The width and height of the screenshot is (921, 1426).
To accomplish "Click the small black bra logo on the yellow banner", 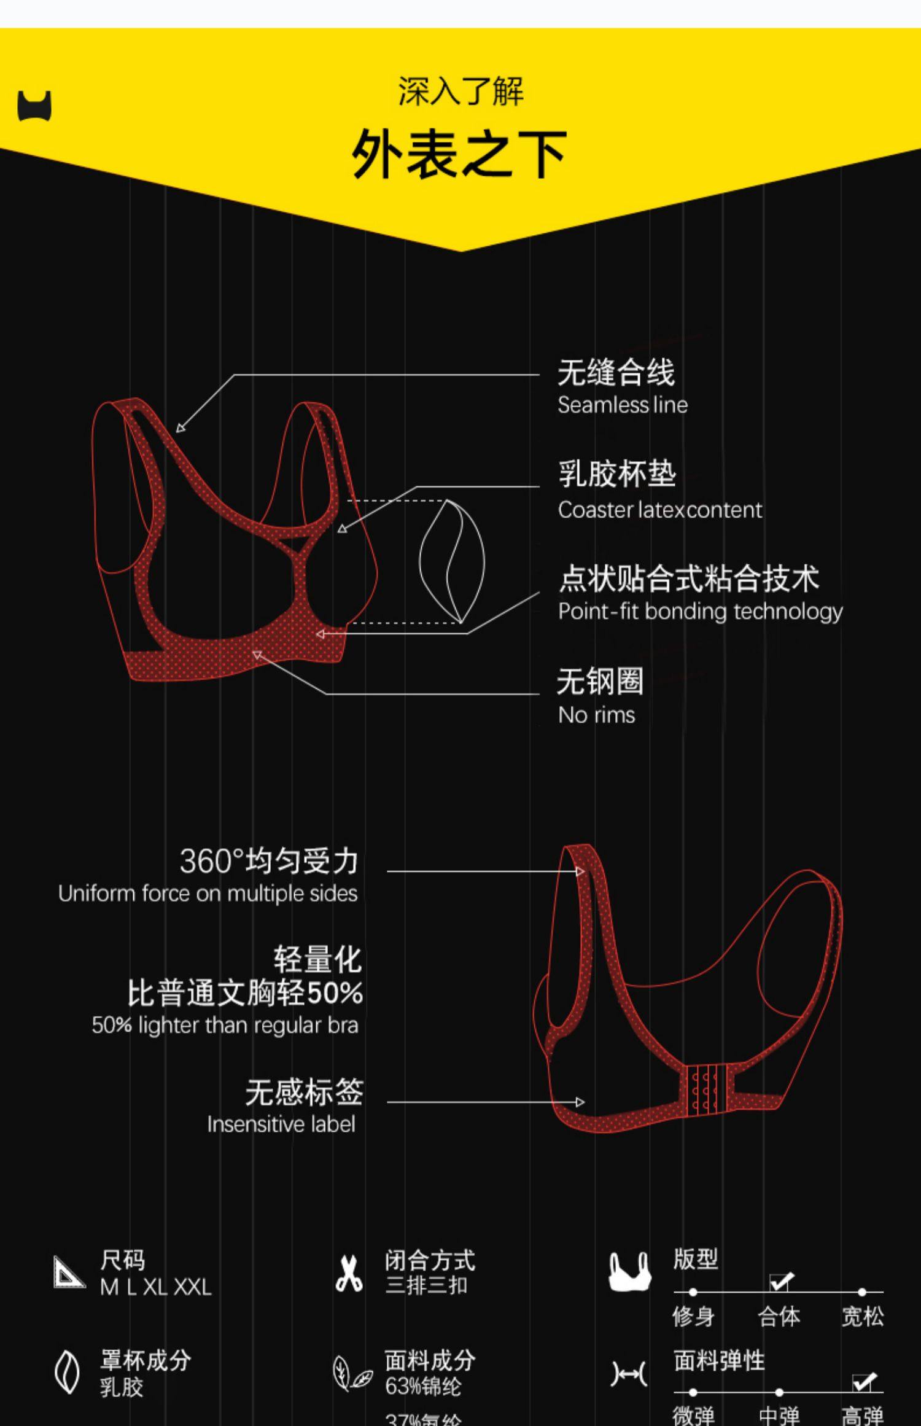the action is [34, 106].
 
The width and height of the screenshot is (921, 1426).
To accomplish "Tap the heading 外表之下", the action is [459, 154].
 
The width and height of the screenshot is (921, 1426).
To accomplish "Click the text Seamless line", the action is [623, 405].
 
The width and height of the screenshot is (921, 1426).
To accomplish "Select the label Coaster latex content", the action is [660, 510].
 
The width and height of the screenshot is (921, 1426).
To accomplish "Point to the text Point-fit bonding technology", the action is [700, 612].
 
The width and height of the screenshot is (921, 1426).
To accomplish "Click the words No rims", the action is [596, 715].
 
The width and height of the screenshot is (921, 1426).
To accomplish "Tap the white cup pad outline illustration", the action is [452, 561].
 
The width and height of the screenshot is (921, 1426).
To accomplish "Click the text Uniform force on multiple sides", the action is [208, 894].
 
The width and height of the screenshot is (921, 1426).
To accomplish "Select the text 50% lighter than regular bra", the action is [225, 1025].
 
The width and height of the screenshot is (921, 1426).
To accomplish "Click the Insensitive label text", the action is [281, 1124].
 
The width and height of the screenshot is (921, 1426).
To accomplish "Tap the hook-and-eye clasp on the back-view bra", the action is [706, 1089].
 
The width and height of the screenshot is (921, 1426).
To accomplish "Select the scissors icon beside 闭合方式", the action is [349, 1274].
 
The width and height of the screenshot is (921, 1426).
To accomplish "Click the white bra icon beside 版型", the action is [629, 1272].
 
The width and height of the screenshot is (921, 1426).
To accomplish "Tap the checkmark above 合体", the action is [781, 1282].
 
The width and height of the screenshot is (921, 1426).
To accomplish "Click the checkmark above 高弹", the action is [865, 1382].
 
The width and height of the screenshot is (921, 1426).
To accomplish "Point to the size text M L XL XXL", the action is [156, 1287].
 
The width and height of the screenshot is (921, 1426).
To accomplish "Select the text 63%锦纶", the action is [423, 1386].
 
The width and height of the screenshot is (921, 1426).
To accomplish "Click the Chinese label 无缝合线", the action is [616, 372].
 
